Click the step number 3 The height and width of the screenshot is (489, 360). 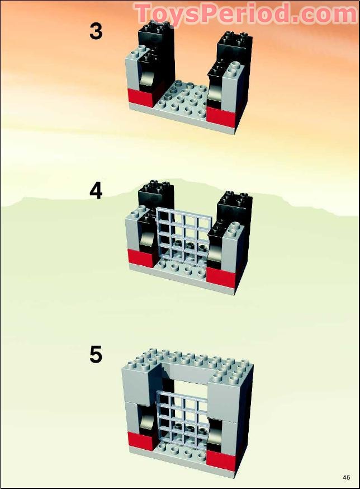pyautogui.click(x=96, y=32)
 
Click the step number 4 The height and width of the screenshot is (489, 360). pyautogui.click(x=96, y=191)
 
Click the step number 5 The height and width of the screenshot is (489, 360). pyautogui.click(x=96, y=354)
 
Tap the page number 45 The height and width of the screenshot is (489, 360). pyautogui.click(x=347, y=477)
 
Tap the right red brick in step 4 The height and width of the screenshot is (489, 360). pyautogui.click(x=222, y=275)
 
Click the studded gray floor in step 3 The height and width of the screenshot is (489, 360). pyautogui.click(x=184, y=98)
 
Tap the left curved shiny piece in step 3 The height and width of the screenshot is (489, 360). pyautogui.click(x=146, y=77)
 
